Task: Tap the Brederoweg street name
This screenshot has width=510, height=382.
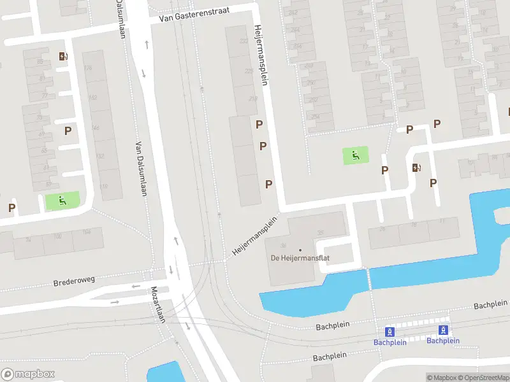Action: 74,281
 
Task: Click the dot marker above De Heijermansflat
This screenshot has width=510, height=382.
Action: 300,250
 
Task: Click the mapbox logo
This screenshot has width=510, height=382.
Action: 28,374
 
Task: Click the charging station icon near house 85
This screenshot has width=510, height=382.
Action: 62,56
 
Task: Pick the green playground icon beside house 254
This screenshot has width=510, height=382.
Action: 356,155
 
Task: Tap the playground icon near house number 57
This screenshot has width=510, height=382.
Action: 62,201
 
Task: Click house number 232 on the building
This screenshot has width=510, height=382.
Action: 244,41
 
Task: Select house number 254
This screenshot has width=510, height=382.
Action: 316,117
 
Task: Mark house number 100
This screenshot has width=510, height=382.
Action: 57,236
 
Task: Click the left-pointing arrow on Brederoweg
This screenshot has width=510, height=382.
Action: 136,286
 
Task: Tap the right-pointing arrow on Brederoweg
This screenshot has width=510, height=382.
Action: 115,302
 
